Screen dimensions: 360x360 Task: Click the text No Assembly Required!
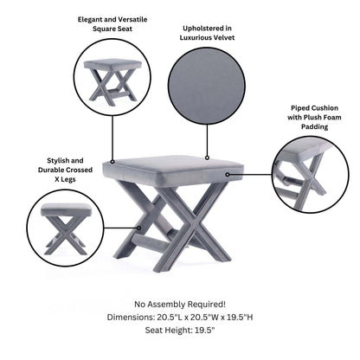(x=179, y=304)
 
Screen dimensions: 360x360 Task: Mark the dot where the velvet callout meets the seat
(x=208, y=157)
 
